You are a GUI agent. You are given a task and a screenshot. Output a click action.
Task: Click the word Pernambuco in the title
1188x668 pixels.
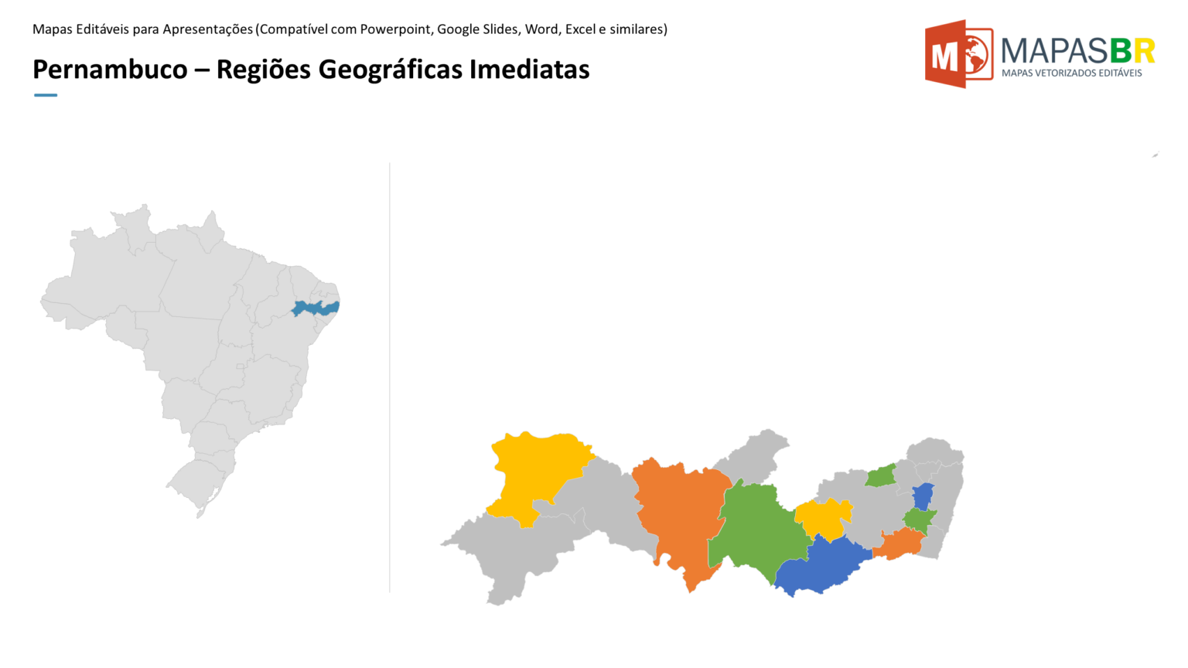[x=110, y=70]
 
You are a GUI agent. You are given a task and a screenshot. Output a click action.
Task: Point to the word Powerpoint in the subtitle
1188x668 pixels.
[x=395, y=29]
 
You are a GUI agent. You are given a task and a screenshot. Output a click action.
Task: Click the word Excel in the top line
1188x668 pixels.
[x=580, y=29]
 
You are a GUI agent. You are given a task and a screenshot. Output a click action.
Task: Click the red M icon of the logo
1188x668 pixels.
[x=958, y=54]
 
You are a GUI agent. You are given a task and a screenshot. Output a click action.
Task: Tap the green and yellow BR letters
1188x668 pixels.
[x=1132, y=51]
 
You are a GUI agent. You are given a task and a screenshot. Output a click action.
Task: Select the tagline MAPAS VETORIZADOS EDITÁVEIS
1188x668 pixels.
[x=1071, y=73]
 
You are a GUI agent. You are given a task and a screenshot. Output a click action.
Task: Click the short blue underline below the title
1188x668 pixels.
[x=46, y=95]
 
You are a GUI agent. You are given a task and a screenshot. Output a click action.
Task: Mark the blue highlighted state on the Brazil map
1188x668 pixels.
[x=315, y=308]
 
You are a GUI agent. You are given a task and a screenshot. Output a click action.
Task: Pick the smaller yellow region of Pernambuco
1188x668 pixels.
[x=823, y=518]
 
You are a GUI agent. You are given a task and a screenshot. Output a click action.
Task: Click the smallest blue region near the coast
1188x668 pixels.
[x=923, y=496]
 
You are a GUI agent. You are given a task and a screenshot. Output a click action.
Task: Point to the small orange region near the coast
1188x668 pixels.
[x=899, y=545]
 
